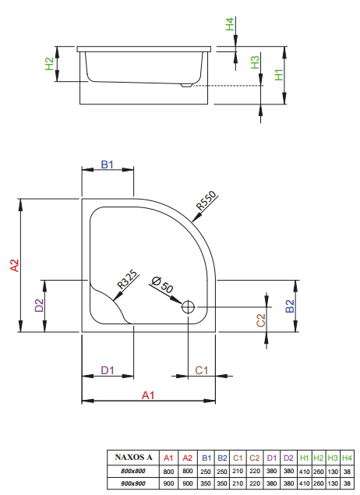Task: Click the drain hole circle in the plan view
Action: tap(188, 307)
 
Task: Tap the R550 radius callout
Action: tap(206, 200)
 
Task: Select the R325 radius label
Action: tap(127, 279)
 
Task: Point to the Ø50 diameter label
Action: tap(163, 285)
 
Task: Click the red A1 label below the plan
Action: tap(148, 395)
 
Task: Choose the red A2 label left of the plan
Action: tap(15, 266)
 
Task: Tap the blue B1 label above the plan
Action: tap(107, 164)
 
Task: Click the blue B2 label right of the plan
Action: tap(290, 306)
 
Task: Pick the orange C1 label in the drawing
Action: tap(202, 370)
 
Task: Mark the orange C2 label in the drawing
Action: tap(261, 320)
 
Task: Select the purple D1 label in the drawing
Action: tap(108, 370)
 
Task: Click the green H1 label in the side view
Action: tap(279, 75)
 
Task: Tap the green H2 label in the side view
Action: tap(49, 64)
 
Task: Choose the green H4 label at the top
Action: tap(230, 24)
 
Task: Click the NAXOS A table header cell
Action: tap(133, 457)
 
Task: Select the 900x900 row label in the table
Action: tap(133, 483)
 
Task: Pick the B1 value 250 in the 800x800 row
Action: tap(206, 472)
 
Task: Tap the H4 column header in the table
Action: tap(347, 458)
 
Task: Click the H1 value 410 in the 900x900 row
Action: tap(304, 483)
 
